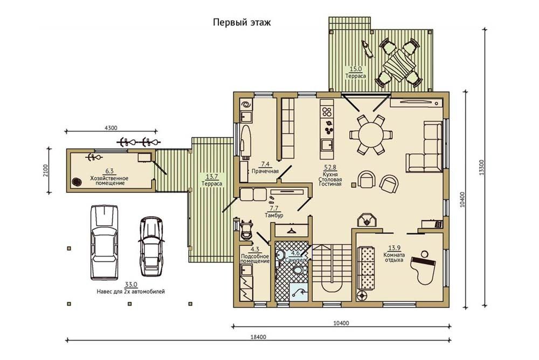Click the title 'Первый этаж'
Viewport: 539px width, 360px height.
point(241,23)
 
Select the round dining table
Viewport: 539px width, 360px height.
point(370,135)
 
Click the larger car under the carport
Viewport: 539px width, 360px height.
point(104,242)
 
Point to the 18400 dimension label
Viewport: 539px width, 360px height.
point(259,337)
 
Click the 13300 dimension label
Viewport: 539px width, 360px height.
point(481,168)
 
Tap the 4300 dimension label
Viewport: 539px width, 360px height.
point(110,128)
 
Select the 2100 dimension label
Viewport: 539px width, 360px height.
point(45,170)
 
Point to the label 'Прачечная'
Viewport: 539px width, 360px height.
point(265,171)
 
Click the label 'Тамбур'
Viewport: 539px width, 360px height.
point(274,216)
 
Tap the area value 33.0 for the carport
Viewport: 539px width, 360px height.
point(131,285)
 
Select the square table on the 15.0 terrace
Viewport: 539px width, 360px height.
point(398,65)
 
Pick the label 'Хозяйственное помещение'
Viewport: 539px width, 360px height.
point(109,181)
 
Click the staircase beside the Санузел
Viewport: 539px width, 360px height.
point(331,273)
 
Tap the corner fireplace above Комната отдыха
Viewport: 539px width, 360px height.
point(367,220)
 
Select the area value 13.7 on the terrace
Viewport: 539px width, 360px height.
point(212,177)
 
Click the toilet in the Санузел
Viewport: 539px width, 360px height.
point(299,271)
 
